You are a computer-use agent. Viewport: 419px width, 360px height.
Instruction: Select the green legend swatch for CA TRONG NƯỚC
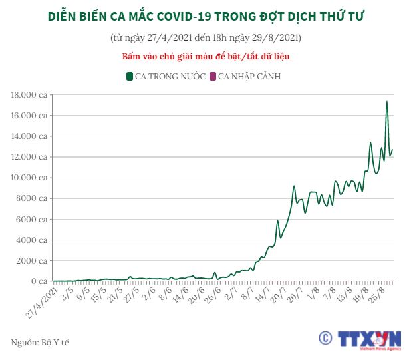tap(130, 76)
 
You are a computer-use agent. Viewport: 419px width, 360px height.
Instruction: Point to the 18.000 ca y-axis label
tap(30, 95)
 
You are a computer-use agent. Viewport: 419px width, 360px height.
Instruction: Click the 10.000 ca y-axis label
tap(30, 178)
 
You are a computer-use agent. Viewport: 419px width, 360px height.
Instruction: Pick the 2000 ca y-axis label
tap(33, 261)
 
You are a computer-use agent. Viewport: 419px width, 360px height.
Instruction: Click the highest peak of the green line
tap(386, 102)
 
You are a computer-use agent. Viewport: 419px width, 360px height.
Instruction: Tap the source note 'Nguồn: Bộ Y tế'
tap(41, 342)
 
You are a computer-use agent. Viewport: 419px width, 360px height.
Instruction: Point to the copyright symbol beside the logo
tap(325, 338)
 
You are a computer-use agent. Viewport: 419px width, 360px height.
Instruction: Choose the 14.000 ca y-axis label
tap(30, 136)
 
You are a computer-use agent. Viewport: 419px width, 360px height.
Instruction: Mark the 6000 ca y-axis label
tap(33, 220)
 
